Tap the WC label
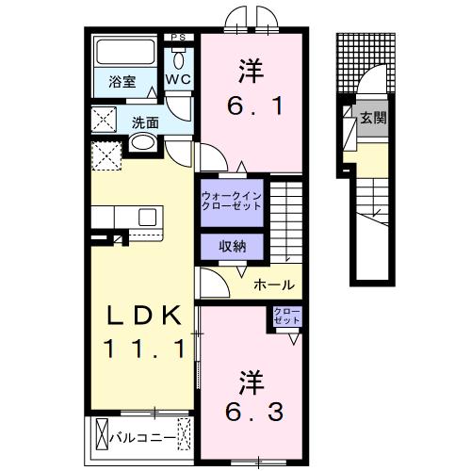click(179, 81)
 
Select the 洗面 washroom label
click(145, 122)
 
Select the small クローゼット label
click(287, 317)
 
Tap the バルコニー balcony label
click(142, 437)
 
